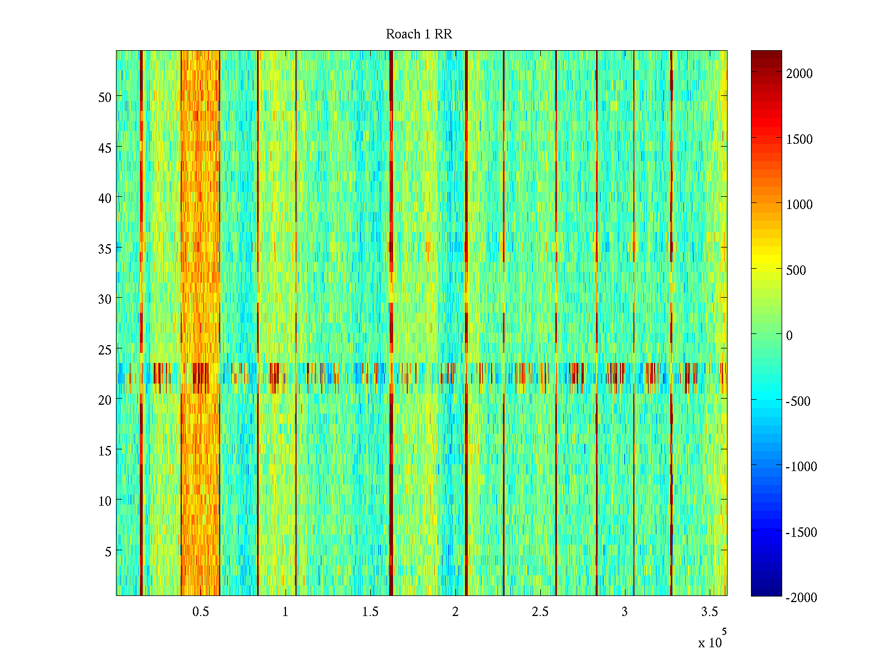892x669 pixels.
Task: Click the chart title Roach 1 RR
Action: click(419, 35)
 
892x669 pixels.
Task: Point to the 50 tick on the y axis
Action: click(105, 97)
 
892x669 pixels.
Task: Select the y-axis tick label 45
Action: click(105, 148)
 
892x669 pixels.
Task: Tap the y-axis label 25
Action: click(105, 350)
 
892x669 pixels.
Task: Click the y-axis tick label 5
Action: click(108, 551)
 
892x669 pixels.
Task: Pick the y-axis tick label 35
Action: click(105, 249)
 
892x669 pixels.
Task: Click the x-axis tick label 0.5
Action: click(201, 612)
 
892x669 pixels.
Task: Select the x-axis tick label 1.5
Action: click(370, 612)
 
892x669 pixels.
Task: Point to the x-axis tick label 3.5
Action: click(709, 612)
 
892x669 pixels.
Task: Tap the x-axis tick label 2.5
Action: click(540, 612)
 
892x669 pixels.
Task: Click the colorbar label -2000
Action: click(801, 598)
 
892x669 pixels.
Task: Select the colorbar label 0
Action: click(789, 336)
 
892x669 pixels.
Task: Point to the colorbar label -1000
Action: click(801, 467)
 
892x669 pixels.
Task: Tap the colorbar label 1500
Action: click(799, 139)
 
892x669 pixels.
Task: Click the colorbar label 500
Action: click(796, 270)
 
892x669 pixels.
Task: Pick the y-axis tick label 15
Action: click(105, 450)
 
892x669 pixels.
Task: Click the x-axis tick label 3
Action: click(624, 612)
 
